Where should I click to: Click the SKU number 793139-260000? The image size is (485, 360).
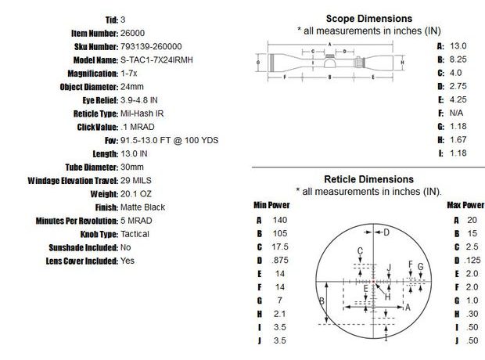click(152, 47)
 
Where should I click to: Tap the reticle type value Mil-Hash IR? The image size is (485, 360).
click(142, 113)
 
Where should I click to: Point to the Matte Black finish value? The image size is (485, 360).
click(143, 207)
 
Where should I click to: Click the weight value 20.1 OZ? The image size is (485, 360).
click(138, 193)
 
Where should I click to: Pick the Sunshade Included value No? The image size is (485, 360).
click(126, 247)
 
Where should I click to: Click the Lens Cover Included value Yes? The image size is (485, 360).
click(128, 261)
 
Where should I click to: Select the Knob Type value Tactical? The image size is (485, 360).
click(135, 234)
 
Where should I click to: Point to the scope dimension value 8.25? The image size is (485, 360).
click(458, 59)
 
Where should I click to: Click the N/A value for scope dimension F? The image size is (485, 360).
click(456, 113)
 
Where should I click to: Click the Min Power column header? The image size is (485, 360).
click(271, 205)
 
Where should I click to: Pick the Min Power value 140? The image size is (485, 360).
click(280, 220)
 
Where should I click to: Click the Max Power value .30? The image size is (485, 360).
click(471, 314)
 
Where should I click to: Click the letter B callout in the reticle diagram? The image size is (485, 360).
click(321, 302)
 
